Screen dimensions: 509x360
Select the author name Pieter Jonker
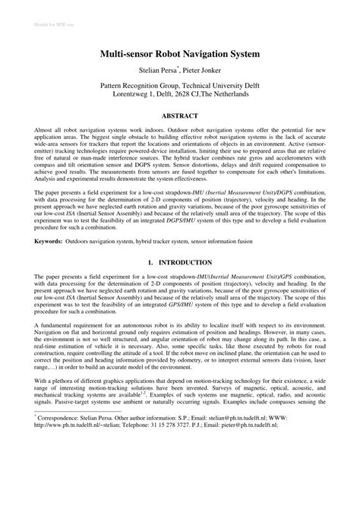pyautogui.click(x=207, y=71)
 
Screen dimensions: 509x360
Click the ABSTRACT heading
pyautogui.click(x=180, y=115)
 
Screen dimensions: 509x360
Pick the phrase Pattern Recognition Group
pyautogui.click(x=145, y=87)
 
